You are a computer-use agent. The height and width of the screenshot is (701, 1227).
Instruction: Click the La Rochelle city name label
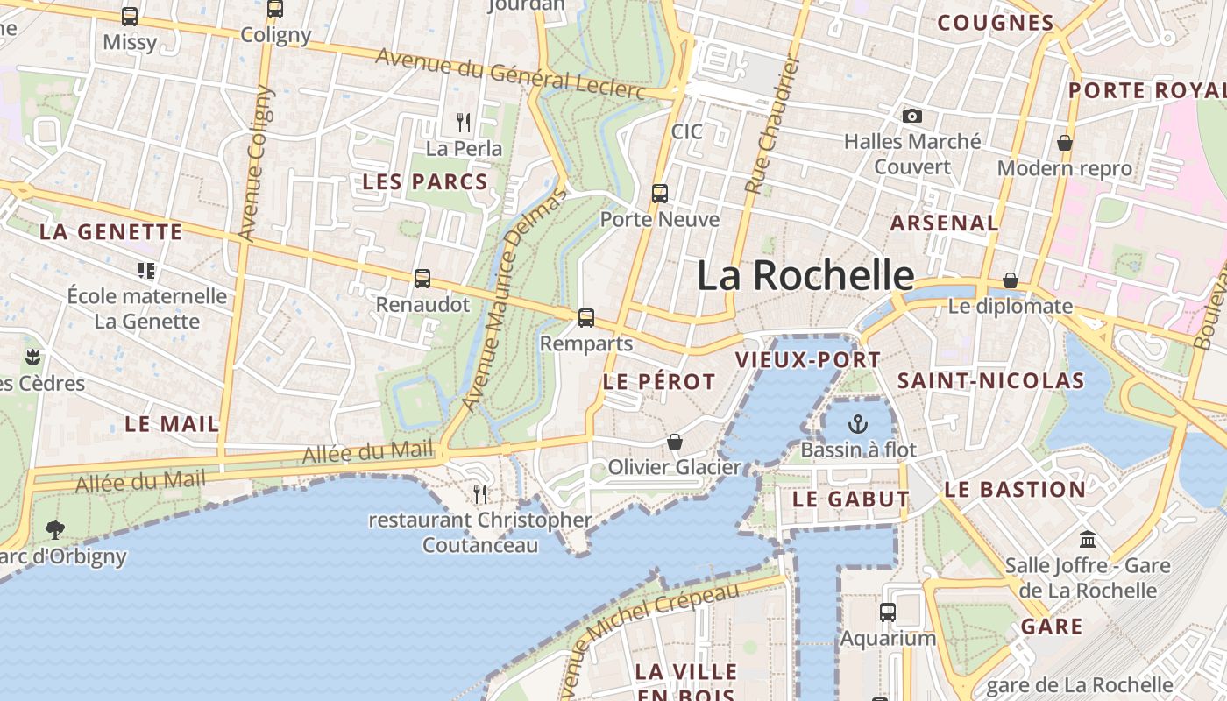coord(805,276)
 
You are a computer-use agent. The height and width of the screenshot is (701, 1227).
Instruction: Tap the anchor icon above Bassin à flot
coord(857,425)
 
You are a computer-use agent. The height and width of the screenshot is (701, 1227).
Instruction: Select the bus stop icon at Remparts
coord(586,318)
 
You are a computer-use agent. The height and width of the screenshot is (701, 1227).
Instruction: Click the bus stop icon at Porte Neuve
coord(660,194)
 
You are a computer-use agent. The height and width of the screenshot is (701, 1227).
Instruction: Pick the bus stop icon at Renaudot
coord(422,279)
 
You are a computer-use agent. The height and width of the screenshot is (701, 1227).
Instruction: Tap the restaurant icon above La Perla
coord(465,123)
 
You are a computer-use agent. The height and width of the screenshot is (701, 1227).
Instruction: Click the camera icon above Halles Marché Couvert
coord(912,116)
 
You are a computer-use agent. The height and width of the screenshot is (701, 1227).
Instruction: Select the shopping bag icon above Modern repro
coord(1065,143)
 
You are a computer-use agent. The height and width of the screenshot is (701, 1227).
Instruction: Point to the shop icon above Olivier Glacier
coord(675,442)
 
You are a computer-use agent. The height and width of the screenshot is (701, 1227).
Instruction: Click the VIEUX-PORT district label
coord(807,360)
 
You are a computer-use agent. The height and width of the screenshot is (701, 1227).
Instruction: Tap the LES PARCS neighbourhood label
coord(425,182)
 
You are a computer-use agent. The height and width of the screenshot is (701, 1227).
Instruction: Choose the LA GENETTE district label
coord(111,232)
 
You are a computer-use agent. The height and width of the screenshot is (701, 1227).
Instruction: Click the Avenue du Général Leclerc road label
coord(510,74)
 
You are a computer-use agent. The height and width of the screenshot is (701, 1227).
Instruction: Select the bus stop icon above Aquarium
coord(888,612)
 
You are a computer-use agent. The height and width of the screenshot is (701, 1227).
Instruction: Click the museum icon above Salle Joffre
coord(1088,539)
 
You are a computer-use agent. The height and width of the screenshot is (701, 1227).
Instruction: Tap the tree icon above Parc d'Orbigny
coord(55,529)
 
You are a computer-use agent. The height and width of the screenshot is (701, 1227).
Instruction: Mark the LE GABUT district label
coord(851,499)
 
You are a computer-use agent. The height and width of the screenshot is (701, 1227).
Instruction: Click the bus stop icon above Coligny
coord(275,10)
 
